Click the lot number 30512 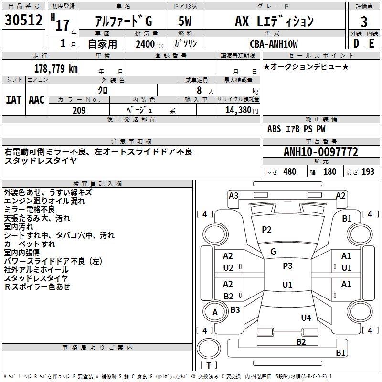[23, 20]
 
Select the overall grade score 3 [364, 22]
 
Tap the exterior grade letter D [356, 43]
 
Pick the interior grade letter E [371, 43]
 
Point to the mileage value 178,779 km [56, 68]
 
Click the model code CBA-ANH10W [274, 44]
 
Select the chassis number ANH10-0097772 [321, 152]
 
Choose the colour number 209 [79, 110]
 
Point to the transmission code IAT [13, 100]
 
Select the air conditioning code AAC [37, 100]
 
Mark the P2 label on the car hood [266, 230]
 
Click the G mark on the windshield [273, 252]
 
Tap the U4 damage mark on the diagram [306, 318]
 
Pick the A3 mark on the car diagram [233, 196]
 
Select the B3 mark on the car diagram [235, 309]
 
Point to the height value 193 [368, 171]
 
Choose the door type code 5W [185, 21]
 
